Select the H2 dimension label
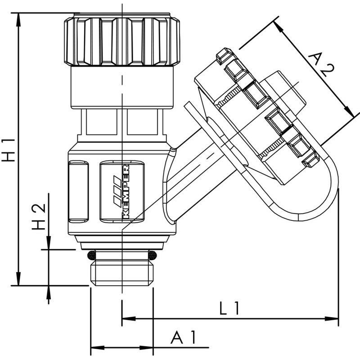coord(40,216)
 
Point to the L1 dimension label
coord(230,309)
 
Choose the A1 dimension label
coord(185,337)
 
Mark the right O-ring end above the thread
coord(153,256)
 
